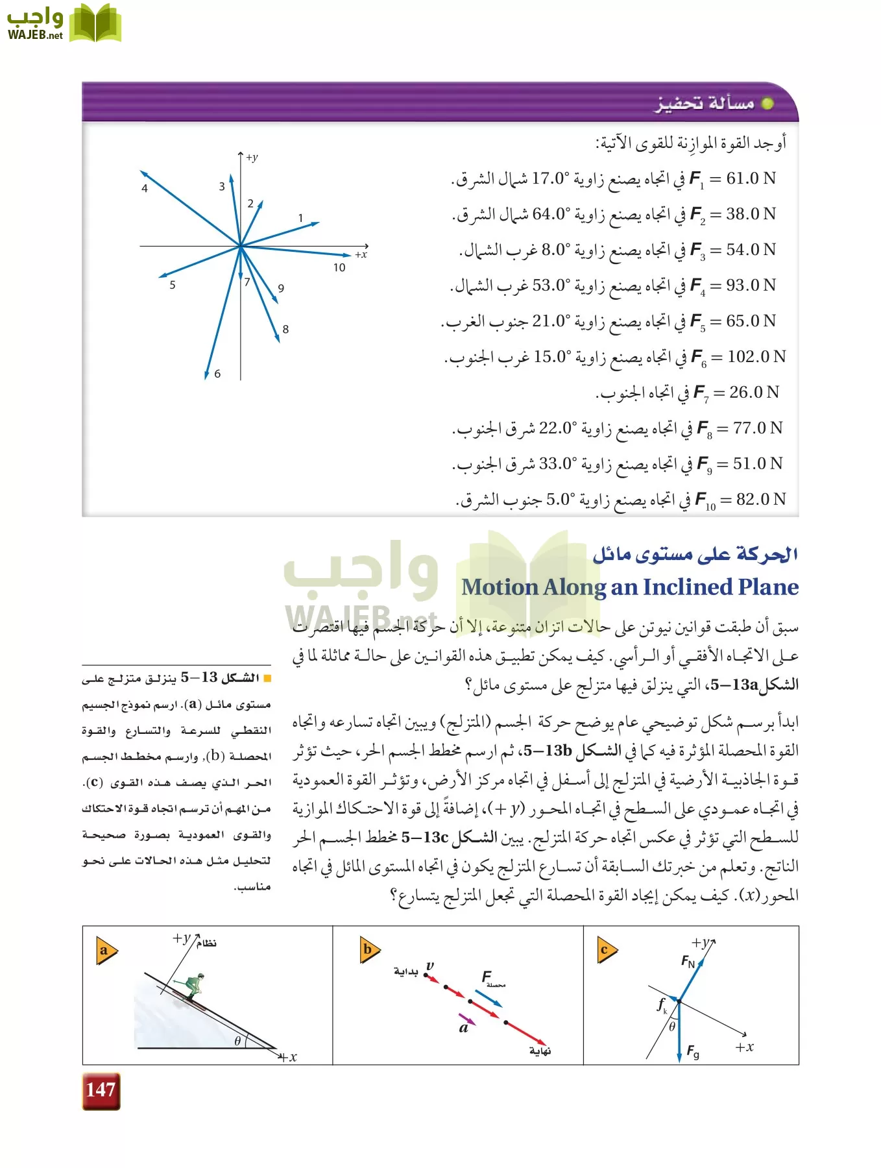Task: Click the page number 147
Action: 101,1090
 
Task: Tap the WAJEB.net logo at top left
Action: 63,24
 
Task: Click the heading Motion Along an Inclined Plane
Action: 629,587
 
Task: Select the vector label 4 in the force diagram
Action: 145,189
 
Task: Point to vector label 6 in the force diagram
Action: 217,374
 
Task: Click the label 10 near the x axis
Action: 339,268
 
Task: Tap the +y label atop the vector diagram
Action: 252,158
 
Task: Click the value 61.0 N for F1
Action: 751,178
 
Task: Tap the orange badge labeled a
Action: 105,951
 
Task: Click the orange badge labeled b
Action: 369,951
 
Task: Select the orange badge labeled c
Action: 605,951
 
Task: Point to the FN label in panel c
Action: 688,961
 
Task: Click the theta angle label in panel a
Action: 237,1041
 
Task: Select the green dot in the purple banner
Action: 767,104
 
